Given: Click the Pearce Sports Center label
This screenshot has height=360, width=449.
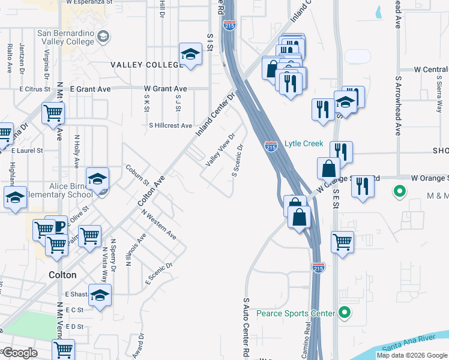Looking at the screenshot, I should pyautogui.click(x=295, y=313).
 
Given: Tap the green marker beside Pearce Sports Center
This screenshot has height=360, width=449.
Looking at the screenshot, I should pyautogui.click(x=344, y=313).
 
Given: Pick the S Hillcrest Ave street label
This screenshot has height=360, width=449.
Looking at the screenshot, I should pyautogui.click(x=170, y=126).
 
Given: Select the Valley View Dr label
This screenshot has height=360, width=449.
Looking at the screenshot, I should pyautogui.click(x=219, y=152).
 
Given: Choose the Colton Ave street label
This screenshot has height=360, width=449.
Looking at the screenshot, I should pyautogui.click(x=151, y=191).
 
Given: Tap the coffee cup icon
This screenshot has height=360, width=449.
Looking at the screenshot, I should pyautogui.click(x=59, y=227).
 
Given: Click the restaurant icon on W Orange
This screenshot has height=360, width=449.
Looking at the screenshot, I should pyautogui.click(x=363, y=187).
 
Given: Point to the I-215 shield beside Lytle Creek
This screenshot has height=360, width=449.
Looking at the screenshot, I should pyautogui.click(x=271, y=146).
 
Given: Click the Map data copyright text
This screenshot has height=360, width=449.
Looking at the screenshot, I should pyautogui.click(x=411, y=355).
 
